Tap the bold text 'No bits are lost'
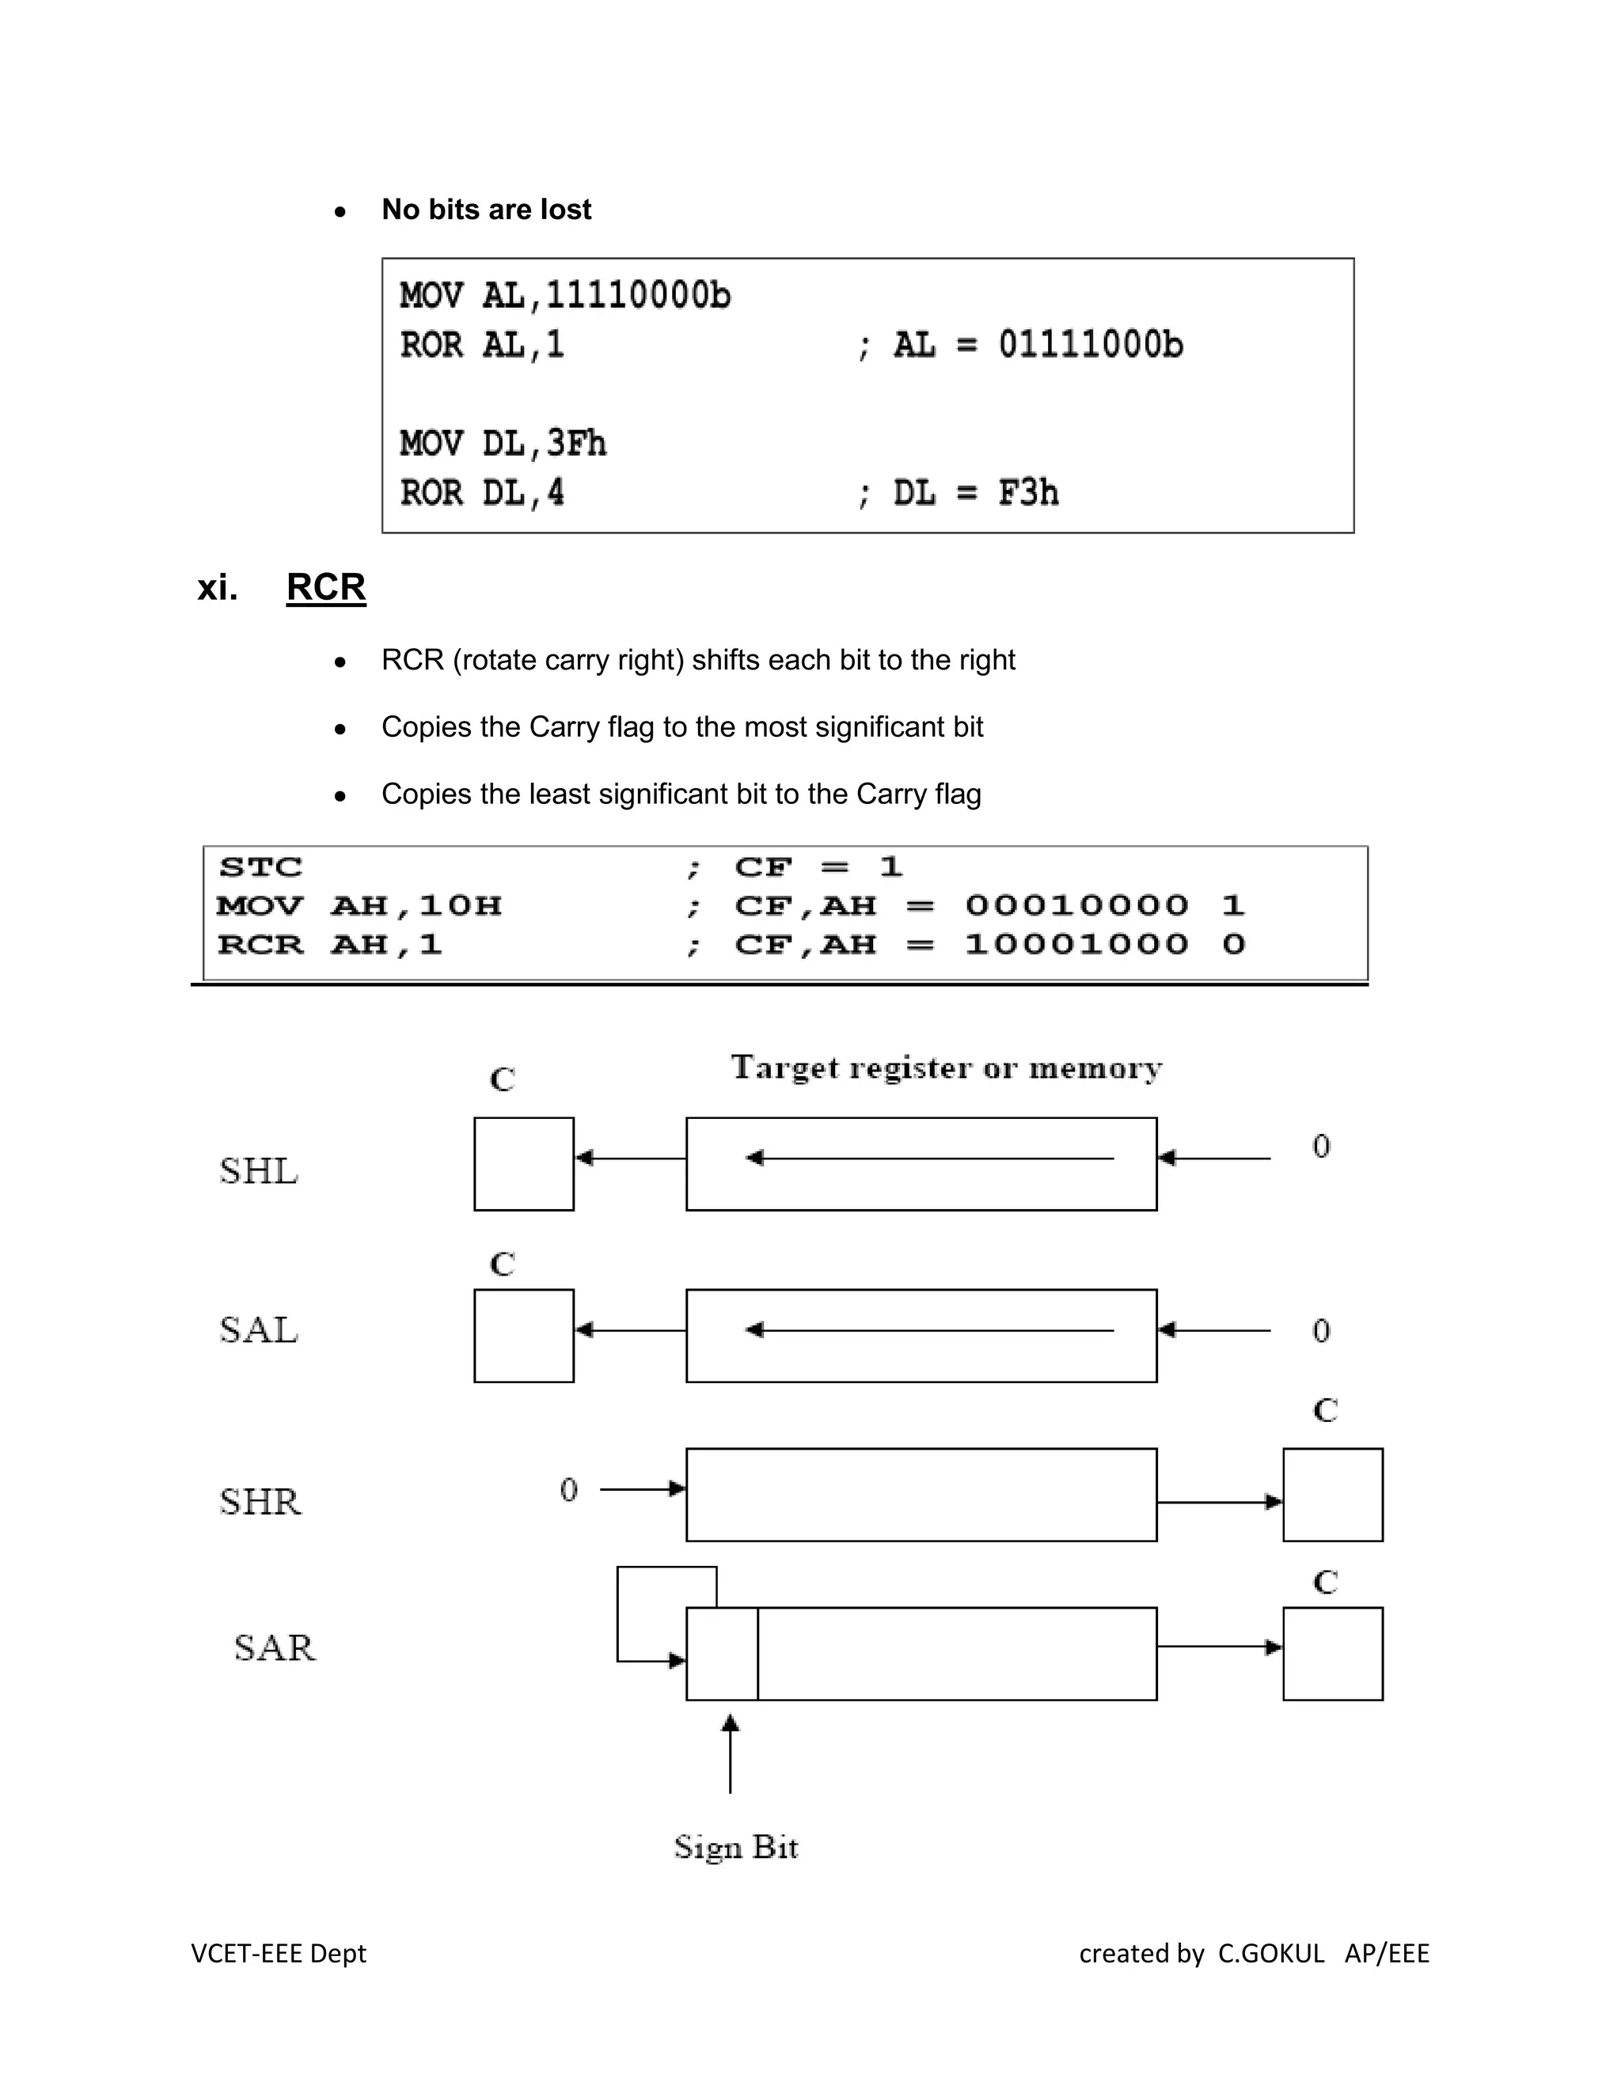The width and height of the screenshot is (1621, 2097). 486,210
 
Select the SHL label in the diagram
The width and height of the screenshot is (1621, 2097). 258,1170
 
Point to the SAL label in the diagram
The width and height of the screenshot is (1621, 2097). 258,1330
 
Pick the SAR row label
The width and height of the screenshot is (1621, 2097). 274,1648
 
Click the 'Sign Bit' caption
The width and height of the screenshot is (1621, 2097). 735,1846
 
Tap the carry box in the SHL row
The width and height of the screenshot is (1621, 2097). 523,1164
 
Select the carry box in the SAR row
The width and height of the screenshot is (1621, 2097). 1332,1653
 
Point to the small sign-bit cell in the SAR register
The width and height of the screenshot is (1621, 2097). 721,1653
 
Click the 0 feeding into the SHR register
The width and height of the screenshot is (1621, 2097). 568,1489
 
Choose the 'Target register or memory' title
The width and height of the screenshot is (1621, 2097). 946,1067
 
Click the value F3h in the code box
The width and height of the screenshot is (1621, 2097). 1027,492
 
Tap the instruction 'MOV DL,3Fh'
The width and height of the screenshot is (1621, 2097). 503,444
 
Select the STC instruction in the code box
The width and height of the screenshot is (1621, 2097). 260,867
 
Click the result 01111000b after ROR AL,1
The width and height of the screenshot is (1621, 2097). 1090,345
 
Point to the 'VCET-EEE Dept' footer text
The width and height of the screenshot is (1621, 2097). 279,1953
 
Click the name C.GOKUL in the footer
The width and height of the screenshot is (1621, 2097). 1270,1953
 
